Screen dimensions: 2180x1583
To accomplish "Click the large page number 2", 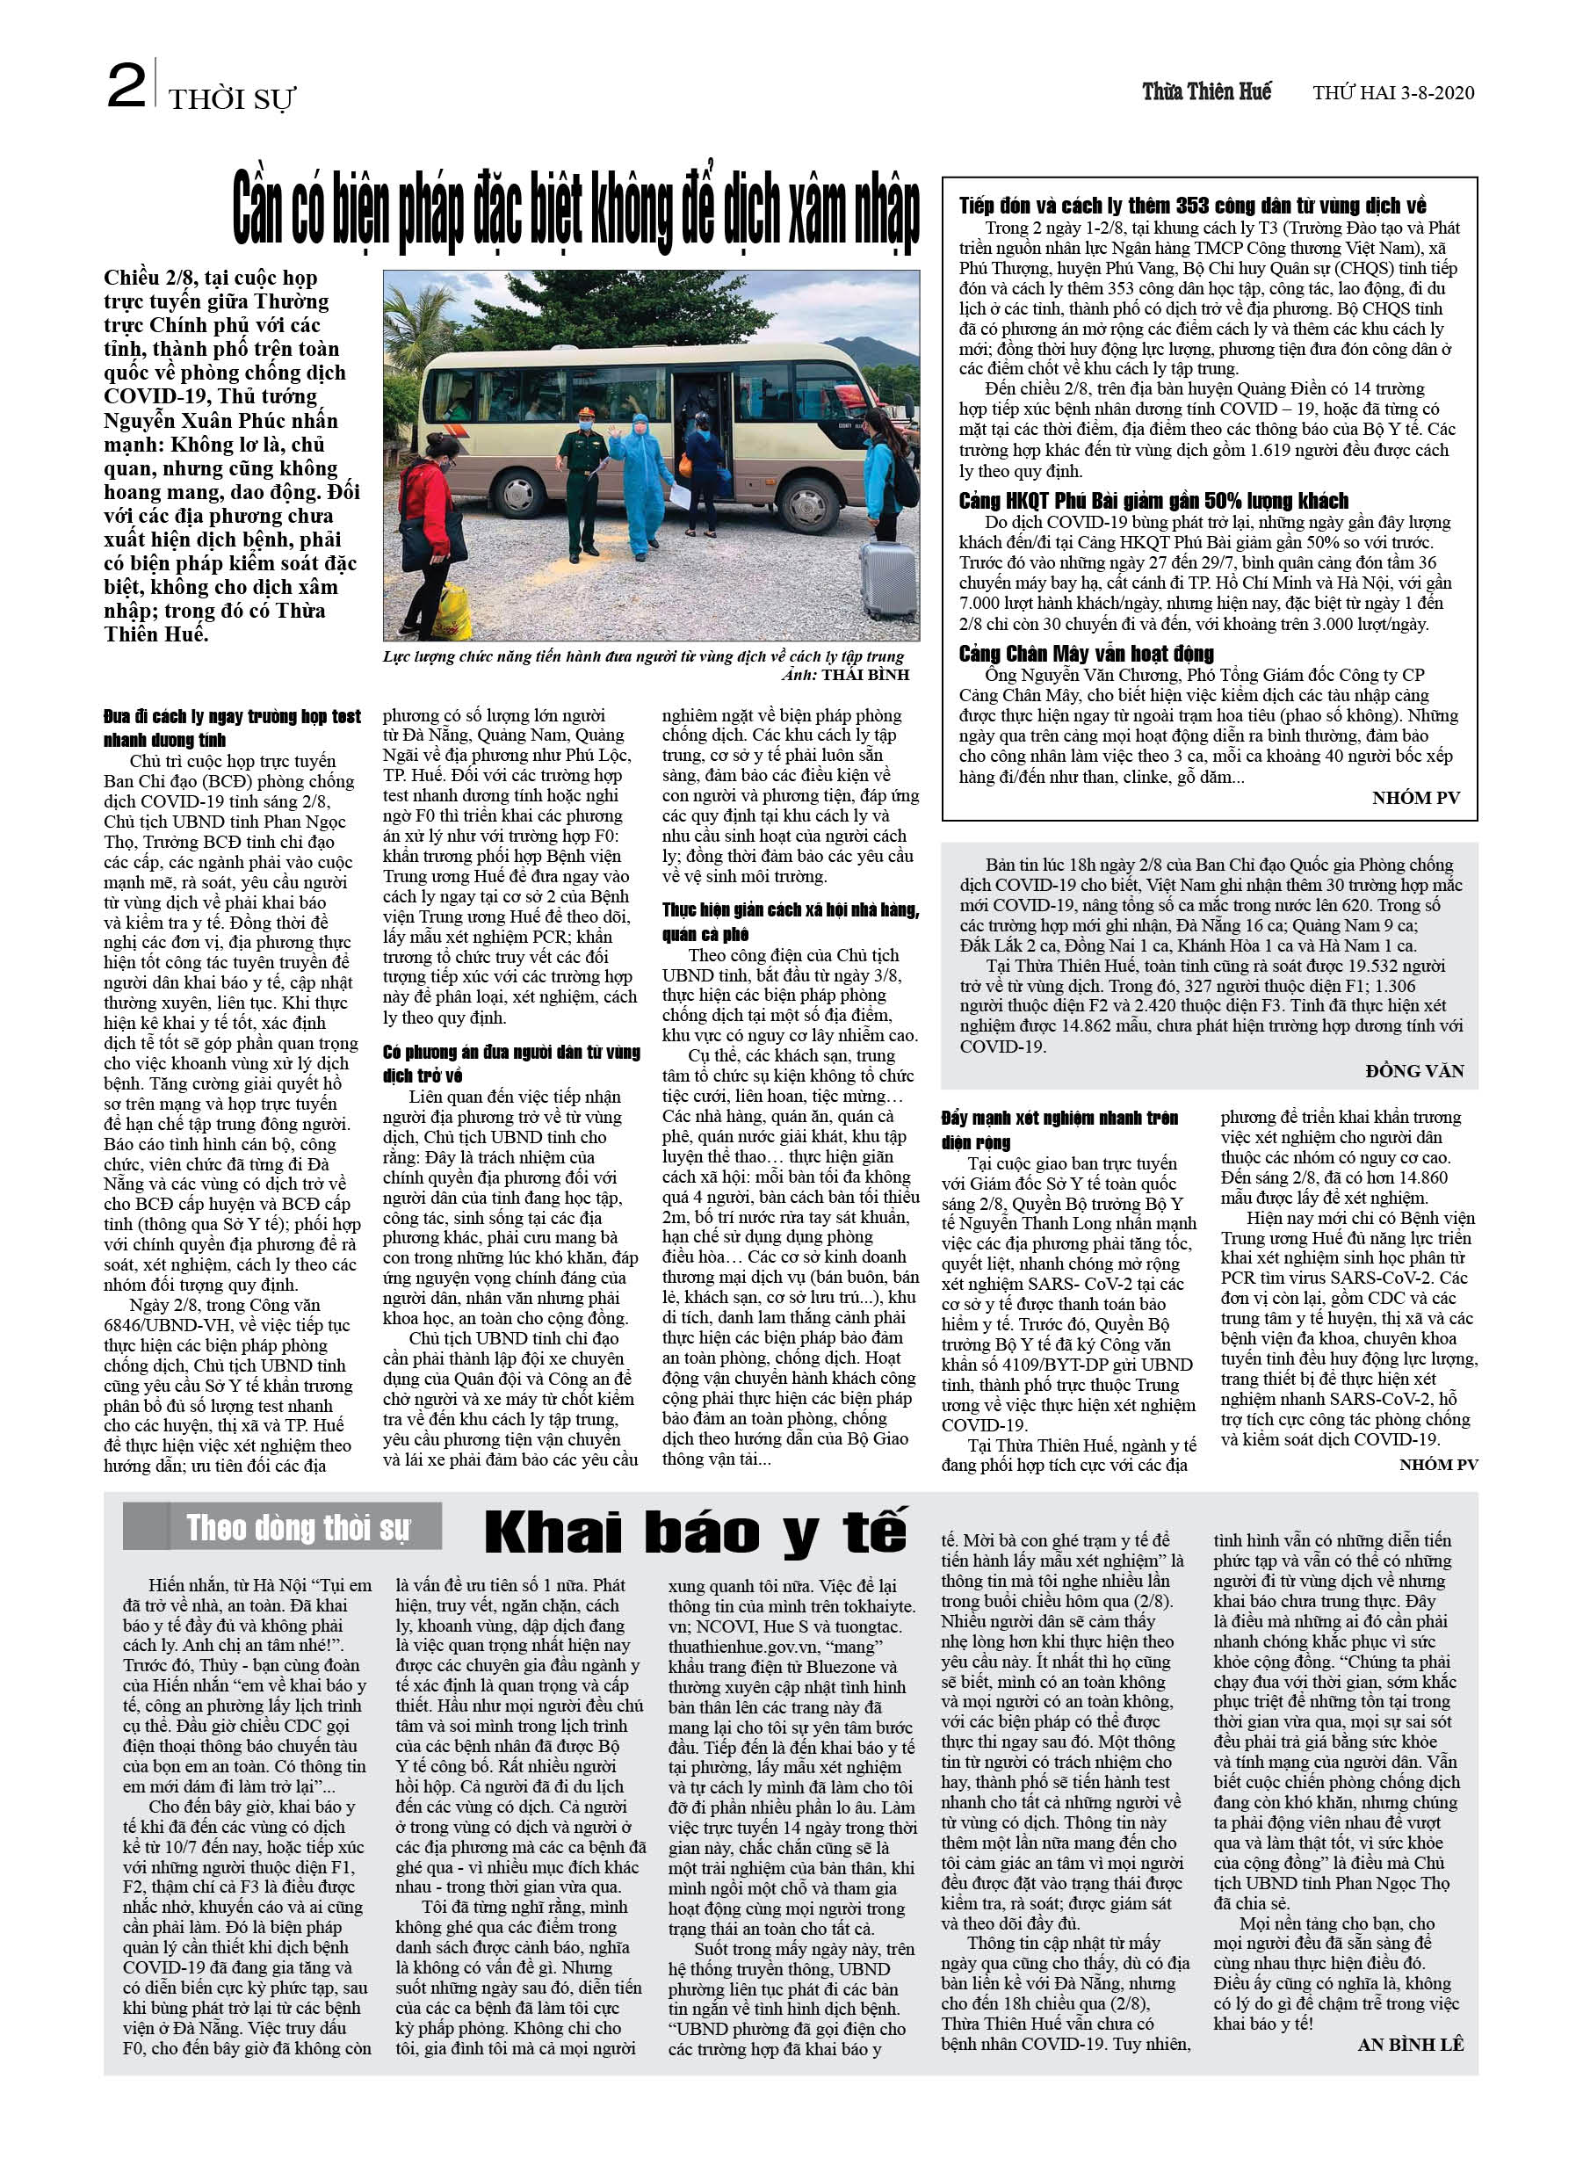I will [x=126, y=86].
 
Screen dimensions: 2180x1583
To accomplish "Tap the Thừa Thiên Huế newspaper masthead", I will [x=1206, y=92].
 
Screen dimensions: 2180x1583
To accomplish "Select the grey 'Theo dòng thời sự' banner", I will [x=283, y=1527].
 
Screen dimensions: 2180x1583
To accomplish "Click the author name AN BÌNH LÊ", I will [x=1410, y=2045].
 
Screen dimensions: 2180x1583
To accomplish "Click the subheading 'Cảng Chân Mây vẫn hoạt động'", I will [x=1086, y=655].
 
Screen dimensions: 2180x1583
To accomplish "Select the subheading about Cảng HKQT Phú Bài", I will [x=1153, y=501].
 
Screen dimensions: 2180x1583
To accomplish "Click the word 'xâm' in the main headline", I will [x=784, y=209].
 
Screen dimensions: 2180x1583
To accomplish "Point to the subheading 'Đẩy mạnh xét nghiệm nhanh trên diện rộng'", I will [x=1059, y=1129].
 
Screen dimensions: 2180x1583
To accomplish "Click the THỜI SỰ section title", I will [x=232, y=99].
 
